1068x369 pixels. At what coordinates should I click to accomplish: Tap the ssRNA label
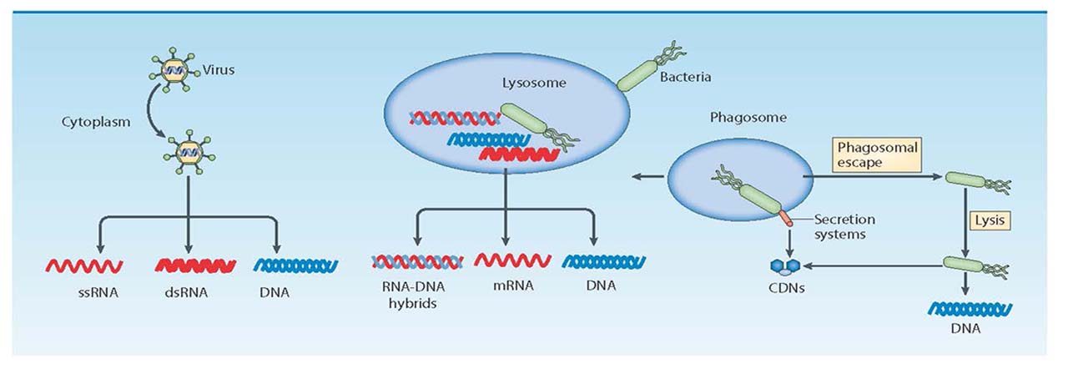[x=85, y=294]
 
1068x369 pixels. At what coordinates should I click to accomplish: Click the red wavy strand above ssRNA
[x=84, y=266]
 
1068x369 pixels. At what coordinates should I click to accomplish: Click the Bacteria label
[x=685, y=78]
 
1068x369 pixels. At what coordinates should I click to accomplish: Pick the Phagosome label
[x=748, y=118]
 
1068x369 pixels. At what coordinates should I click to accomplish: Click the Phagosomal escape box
[x=877, y=155]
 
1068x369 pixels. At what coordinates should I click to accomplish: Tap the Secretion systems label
[x=844, y=226]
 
